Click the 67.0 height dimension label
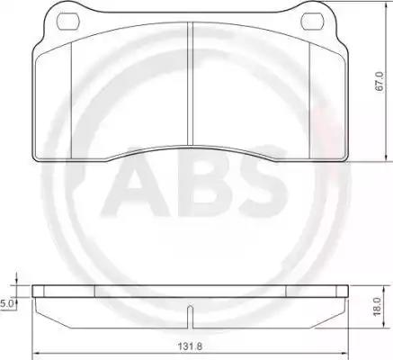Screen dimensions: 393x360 [x=380, y=82]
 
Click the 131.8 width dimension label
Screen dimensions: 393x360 [x=190, y=346]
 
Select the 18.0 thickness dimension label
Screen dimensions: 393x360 [x=377, y=306]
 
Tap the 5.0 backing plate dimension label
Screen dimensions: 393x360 [x=6, y=303]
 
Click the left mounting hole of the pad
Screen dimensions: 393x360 [x=67, y=22]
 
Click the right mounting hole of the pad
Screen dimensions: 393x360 [x=313, y=22]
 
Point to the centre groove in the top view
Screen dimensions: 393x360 [x=190, y=85]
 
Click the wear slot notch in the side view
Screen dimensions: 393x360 [x=190, y=317]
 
